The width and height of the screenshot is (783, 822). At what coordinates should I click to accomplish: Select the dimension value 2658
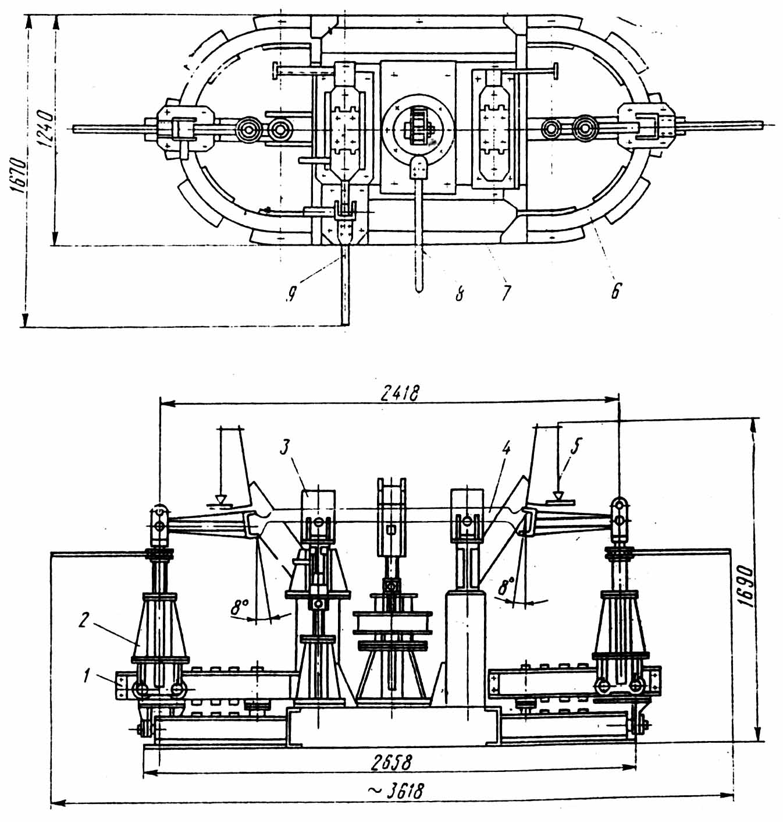[x=393, y=761]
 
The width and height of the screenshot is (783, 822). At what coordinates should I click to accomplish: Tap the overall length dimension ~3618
[x=396, y=791]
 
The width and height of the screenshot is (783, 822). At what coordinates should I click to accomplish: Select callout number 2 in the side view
[x=84, y=621]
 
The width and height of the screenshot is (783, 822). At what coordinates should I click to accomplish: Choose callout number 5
[x=576, y=446]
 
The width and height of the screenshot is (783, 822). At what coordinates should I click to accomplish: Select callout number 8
[x=460, y=293]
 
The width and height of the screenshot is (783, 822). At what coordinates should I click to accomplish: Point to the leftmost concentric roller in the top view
[x=249, y=129]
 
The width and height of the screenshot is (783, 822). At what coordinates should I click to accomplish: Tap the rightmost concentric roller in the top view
[x=586, y=127]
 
